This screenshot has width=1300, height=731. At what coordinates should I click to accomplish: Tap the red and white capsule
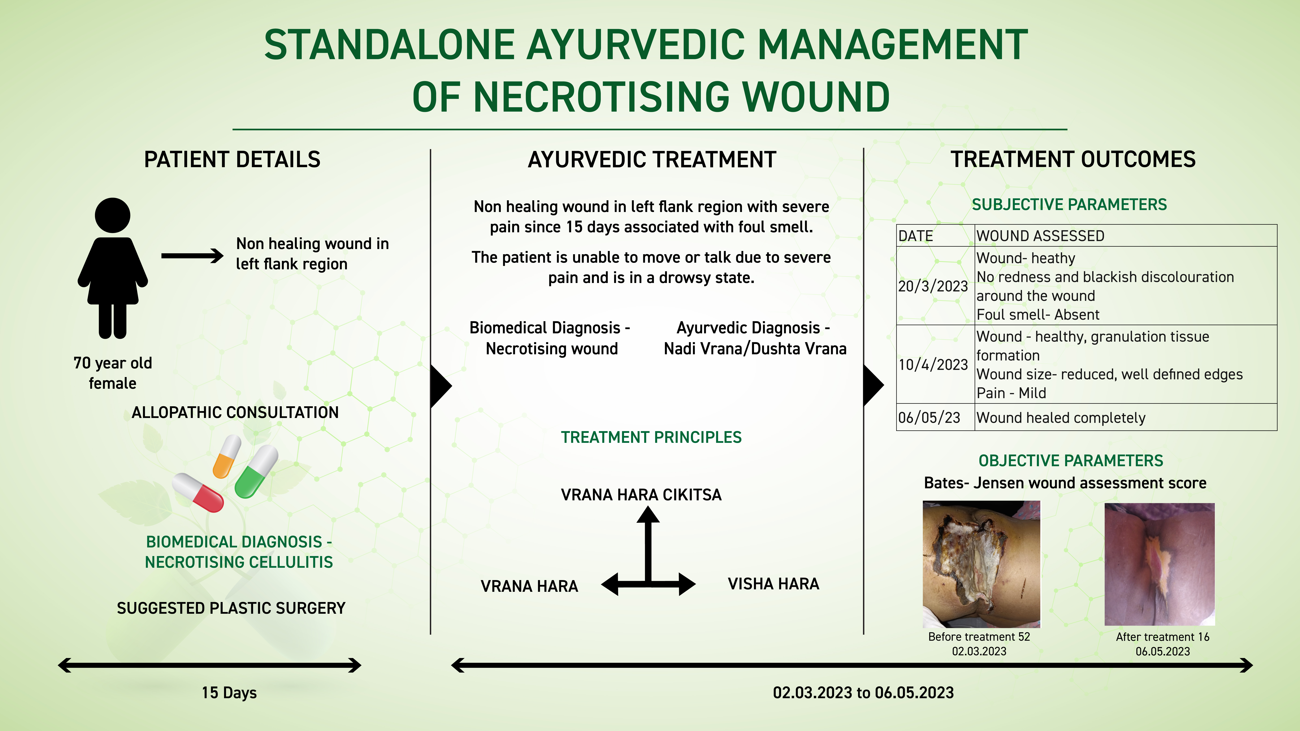(198, 492)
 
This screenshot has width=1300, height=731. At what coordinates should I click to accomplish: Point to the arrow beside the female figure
(192, 256)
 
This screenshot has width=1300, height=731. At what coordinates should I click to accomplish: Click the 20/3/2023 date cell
(935, 286)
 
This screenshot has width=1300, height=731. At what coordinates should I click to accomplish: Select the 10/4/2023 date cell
(935, 364)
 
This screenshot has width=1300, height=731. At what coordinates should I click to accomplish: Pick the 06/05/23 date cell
(935, 417)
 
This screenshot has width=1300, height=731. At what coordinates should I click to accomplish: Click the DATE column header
(935, 236)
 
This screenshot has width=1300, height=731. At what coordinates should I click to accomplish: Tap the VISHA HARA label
(773, 584)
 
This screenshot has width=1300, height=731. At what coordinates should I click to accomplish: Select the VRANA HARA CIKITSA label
(641, 494)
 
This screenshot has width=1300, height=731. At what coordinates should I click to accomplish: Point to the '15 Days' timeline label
(229, 693)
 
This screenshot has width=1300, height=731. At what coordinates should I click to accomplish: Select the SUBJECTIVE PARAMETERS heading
(1069, 204)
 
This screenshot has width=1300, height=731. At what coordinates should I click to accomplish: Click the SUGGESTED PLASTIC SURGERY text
(231, 608)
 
